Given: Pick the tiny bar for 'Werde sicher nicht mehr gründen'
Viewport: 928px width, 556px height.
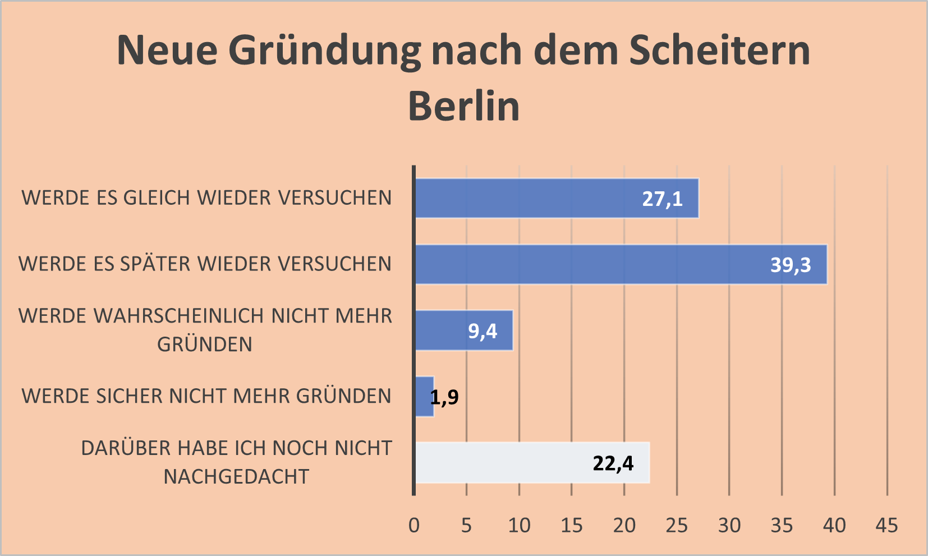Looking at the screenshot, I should pyautogui.click(x=424, y=397).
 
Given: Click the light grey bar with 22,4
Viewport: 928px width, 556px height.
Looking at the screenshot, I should pyautogui.click(x=505, y=463).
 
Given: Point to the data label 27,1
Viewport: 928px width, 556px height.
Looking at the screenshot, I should pyautogui.click(x=662, y=199).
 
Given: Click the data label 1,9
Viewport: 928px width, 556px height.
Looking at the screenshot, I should pyautogui.click(x=444, y=397).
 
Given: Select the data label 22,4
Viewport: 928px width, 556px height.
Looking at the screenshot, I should pyautogui.click(x=613, y=463).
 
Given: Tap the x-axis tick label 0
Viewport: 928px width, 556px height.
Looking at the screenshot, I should pyautogui.click(x=414, y=525).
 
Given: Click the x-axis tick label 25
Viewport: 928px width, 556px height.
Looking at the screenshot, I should pyautogui.click(x=677, y=525).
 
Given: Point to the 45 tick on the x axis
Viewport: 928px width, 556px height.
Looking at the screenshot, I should pyautogui.click(x=887, y=525).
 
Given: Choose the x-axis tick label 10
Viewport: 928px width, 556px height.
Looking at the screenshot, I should pyautogui.click(x=519, y=525).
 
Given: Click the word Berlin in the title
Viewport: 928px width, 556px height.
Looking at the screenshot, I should pyautogui.click(x=464, y=106).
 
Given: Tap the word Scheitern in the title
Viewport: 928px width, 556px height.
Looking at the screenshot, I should pyautogui.click(x=719, y=50).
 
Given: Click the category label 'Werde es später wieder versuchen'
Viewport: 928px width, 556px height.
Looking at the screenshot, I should pyautogui.click(x=205, y=264).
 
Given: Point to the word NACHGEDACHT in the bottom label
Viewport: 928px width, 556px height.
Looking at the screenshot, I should pyautogui.click(x=236, y=476).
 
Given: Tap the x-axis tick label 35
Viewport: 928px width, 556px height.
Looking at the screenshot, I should pyautogui.click(x=782, y=525).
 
